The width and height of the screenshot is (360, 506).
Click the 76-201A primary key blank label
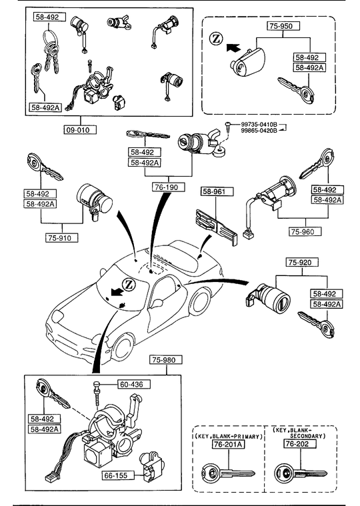(x=228, y=445)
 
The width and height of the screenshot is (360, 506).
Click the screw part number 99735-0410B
(x=259, y=125)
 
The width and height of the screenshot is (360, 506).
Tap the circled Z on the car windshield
(x=129, y=284)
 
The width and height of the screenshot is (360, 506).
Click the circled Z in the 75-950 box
(x=216, y=39)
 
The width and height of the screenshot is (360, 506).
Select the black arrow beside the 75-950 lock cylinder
(x=233, y=48)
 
